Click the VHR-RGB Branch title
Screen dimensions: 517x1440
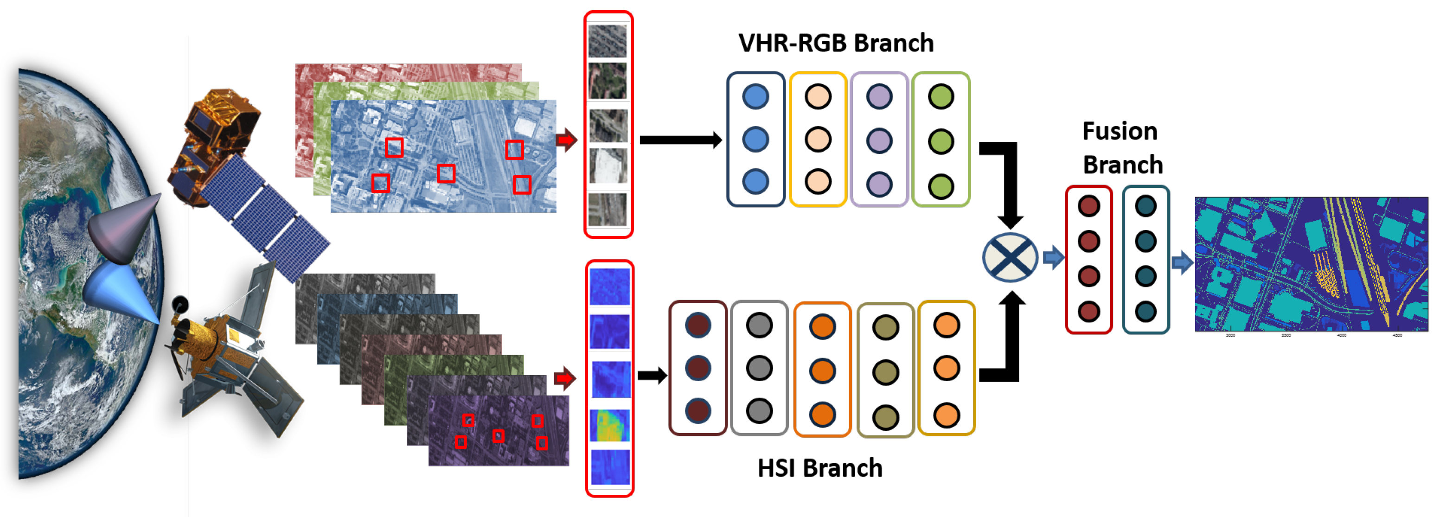[x=836, y=43]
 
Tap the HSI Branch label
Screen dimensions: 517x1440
[x=819, y=468]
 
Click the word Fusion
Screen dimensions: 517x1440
[x=1119, y=131]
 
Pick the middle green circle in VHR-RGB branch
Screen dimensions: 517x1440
[x=941, y=141]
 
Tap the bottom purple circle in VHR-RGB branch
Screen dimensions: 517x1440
[x=879, y=185]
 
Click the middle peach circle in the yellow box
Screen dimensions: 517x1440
[x=817, y=139]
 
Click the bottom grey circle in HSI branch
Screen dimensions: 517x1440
[x=759, y=411]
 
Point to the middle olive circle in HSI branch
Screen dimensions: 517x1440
[x=885, y=372]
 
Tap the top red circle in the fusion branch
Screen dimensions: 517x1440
[x=1088, y=206]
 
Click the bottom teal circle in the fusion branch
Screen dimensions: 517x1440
[x=1146, y=311]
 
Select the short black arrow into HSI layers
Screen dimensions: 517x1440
[x=652, y=375]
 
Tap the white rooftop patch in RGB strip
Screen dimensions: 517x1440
[x=608, y=166]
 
